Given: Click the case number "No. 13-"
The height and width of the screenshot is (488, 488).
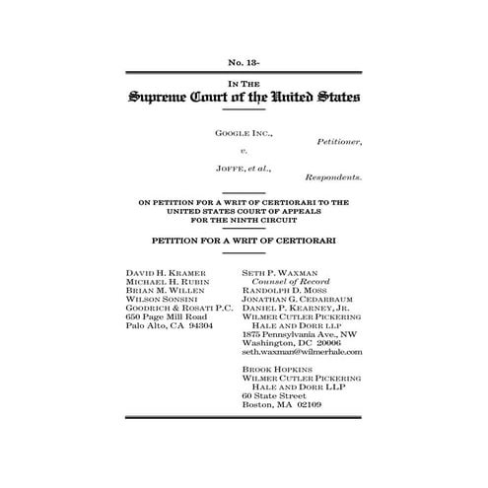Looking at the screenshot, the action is coord(244,63).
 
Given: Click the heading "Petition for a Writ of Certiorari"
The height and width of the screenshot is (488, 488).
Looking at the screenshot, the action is coord(244,240).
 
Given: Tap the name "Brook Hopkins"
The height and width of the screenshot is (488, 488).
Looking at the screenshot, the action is coord(275,370).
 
